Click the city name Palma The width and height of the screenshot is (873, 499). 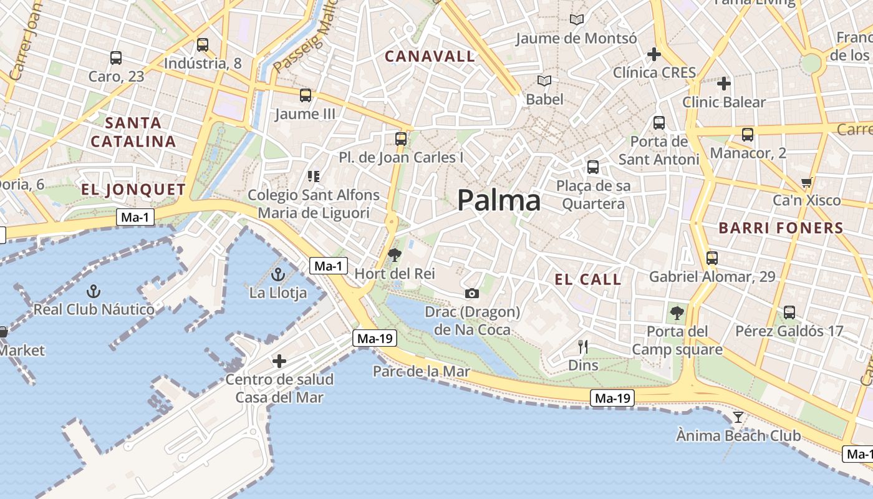(x=499, y=201)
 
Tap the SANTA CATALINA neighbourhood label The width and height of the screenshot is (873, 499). (x=133, y=132)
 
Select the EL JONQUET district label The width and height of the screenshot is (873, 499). (x=133, y=190)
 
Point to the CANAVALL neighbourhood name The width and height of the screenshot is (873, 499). (x=430, y=57)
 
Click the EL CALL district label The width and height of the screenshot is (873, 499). (x=588, y=279)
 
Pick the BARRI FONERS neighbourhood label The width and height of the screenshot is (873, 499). (x=781, y=228)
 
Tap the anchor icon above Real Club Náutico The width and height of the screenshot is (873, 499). (x=94, y=291)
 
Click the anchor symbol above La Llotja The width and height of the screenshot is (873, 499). (x=279, y=274)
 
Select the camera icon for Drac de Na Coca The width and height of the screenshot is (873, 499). (x=472, y=293)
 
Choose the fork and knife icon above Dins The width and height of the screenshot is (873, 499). (x=583, y=347)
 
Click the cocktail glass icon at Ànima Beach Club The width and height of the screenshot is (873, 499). (x=738, y=417)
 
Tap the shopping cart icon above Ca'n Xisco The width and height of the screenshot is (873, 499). (x=807, y=183)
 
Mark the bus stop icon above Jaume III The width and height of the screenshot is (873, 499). (x=305, y=95)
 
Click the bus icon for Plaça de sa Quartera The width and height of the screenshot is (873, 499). (x=592, y=167)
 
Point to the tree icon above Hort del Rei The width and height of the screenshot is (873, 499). (x=394, y=254)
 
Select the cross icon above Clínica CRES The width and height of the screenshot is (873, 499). (x=654, y=54)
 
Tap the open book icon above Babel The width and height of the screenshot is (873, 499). (x=544, y=81)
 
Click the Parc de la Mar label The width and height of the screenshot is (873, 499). (x=421, y=372)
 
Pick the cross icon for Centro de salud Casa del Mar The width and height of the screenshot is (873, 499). (x=279, y=361)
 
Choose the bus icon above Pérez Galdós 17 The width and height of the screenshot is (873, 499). (x=789, y=312)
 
